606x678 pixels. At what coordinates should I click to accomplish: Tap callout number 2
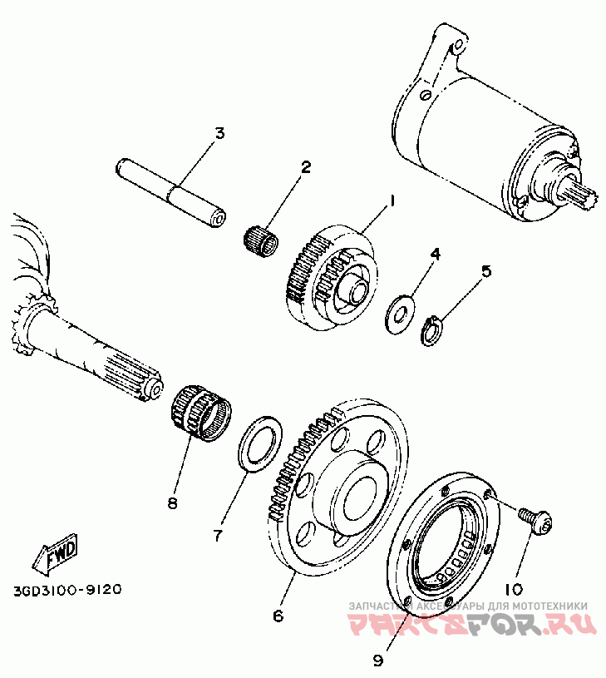(x=305, y=167)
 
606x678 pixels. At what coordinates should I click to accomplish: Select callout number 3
(x=219, y=133)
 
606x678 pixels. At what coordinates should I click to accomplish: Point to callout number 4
(x=434, y=252)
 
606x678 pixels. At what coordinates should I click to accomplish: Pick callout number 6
(x=278, y=616)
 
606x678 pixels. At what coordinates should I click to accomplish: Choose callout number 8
(x=173, y=503)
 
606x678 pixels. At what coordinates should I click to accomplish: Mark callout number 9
(x=377, y=661)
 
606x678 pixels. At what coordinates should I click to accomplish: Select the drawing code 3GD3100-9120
(x=67, y=590)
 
